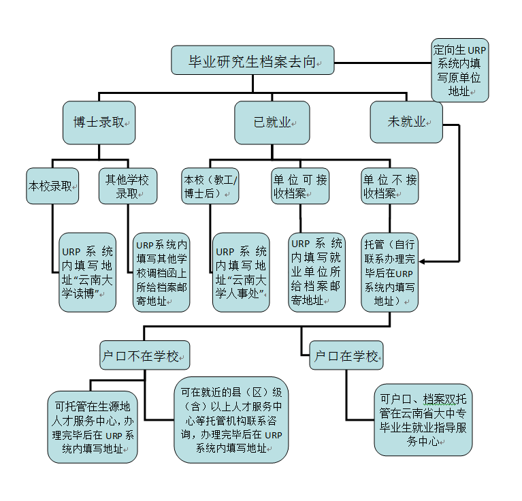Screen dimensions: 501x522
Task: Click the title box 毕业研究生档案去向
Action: coord(252,61)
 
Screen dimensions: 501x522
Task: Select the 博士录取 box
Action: coord(99,123)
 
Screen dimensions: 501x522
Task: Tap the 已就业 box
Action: coord(272,123)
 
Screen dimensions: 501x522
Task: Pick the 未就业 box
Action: coord(406,123)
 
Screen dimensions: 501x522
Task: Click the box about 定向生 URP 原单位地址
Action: coord(459,70)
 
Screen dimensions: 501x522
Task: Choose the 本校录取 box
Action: coord(52,185)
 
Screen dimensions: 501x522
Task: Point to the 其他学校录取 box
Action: coord(128,185)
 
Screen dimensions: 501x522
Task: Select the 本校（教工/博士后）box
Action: coord(210,185)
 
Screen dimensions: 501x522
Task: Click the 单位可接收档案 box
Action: coord(300,185)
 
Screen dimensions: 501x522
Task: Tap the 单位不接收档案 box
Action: coord(389,185)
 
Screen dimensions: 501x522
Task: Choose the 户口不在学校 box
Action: coord(144,355)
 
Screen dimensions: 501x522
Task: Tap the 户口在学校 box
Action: coord(346,355)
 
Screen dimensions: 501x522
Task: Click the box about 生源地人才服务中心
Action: coord(93,427)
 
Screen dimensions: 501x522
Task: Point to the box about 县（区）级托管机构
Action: coord(231,421)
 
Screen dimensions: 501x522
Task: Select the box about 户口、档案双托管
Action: coord(423,420)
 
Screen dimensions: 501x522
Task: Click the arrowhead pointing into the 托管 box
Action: coord(423,261)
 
